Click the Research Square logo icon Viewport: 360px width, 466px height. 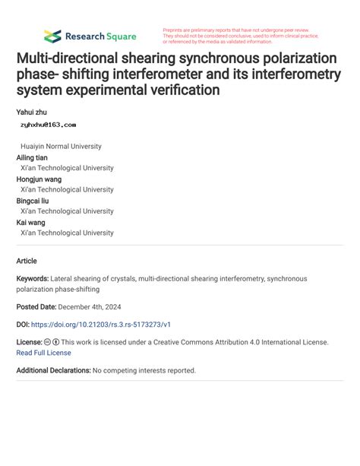click(52, 36)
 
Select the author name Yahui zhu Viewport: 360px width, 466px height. click(31, 112)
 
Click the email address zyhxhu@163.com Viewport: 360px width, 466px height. click(48, 124)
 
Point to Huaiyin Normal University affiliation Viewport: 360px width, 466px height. click(61, 146)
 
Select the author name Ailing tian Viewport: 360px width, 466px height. click(32, 157)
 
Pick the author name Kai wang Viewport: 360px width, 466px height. click(30, 223)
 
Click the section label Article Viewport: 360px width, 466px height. click(27, 261)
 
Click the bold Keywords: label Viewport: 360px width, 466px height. click(33, 279)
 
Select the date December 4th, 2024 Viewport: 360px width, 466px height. click(100, 306)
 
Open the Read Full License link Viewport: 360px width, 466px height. click(43, 353)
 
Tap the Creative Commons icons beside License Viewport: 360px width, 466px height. click(52, 343)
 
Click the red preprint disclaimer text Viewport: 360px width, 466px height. click(240, 36)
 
